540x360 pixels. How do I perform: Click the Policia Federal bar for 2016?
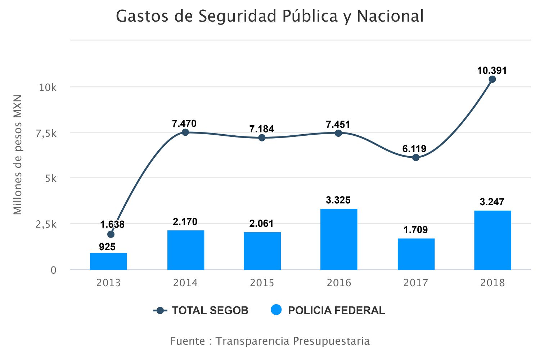(339, 239)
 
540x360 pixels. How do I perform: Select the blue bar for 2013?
(108, 261)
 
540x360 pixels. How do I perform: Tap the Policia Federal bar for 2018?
(492, 240)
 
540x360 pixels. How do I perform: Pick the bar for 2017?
(416, 254)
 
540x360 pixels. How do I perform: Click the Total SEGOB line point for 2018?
(492, 79)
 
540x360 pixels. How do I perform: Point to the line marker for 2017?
(416, 157)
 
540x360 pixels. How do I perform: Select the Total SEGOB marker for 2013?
(111, 234)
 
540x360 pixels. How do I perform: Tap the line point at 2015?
(262, 138)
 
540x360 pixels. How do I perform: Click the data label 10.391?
(492, 71)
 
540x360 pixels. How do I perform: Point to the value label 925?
(107, 247)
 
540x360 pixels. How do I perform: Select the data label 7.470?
(184, 124)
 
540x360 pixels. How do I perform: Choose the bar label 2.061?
(262, 224)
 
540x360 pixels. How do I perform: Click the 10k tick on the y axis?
(48, 87)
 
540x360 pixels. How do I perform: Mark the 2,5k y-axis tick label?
(46, 224)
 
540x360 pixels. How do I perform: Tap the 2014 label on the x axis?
(185, 283)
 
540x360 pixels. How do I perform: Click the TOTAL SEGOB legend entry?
(210, 310)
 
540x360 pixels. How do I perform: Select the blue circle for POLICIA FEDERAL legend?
(276, 310)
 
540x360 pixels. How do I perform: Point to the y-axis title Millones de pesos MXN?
(18, 155)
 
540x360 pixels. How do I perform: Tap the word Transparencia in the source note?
(252, 341)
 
